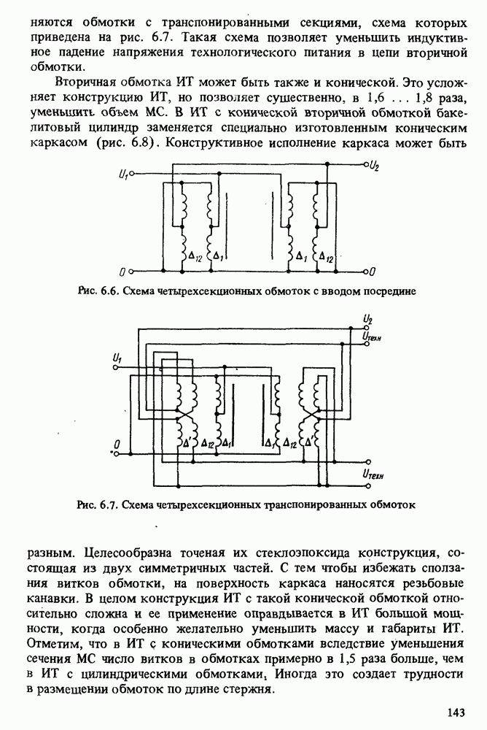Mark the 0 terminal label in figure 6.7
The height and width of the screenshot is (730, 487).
(x=117, y=443)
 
